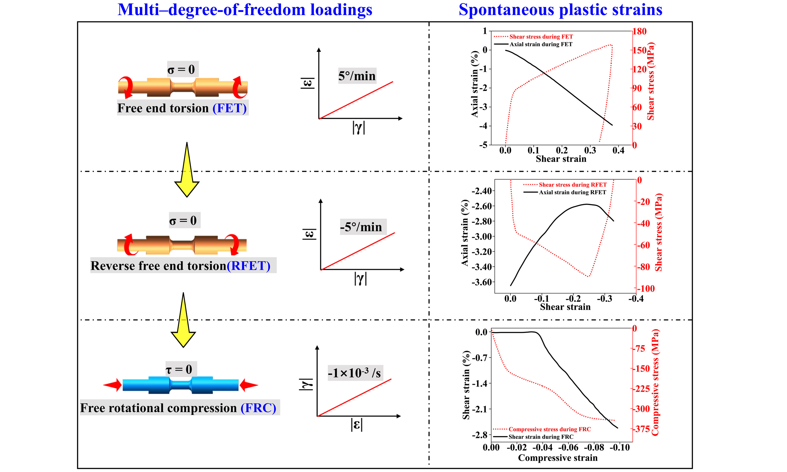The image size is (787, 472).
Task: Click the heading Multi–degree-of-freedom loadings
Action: tap(245, 10)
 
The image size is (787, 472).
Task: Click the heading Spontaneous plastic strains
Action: tap(560, 10)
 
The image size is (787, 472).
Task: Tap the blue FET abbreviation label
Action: tap(229, 108)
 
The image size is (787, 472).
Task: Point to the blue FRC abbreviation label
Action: tap(258, 408)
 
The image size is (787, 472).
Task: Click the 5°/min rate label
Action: tap(357, 76)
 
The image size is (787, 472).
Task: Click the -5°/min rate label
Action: tap(361, 227)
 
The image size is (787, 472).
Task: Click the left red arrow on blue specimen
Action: tap(113, 385)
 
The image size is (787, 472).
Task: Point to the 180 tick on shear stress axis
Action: tap(639, 31)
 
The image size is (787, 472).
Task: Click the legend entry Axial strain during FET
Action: tap(540, 44)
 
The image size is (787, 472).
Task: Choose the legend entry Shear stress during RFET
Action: tap(572, 185)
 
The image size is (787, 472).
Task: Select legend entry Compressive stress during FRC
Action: tap(549, 429)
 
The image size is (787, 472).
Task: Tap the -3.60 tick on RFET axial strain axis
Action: tap(482, 282)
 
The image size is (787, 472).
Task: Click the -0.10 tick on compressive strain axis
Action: tap(619, 447)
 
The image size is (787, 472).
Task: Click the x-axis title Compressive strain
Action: tap(557, 458)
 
